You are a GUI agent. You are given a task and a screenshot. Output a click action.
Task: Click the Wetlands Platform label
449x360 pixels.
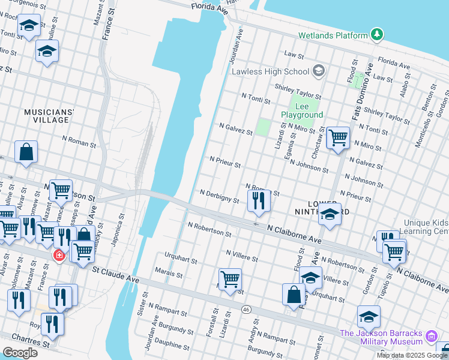(x=334, y=35)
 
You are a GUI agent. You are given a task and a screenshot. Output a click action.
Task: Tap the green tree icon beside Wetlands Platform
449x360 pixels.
(x=377, y=35)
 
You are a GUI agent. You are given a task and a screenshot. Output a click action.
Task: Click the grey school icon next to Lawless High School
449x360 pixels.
(x=318, y=72)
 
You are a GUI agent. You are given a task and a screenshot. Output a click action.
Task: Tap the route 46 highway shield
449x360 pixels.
(x=246, y=309)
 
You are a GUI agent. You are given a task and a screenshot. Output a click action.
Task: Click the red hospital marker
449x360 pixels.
(x=59, y=256)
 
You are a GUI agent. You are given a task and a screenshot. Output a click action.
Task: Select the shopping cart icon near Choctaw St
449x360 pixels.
(x=338, y=137)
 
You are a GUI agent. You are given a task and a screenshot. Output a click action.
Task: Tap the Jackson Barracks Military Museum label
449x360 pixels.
(x=381, y=337)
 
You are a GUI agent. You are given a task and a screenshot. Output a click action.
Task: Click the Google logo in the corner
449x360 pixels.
(x=20, y=353)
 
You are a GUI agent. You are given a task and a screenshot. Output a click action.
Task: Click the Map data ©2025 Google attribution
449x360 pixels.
(x=412, y=355)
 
